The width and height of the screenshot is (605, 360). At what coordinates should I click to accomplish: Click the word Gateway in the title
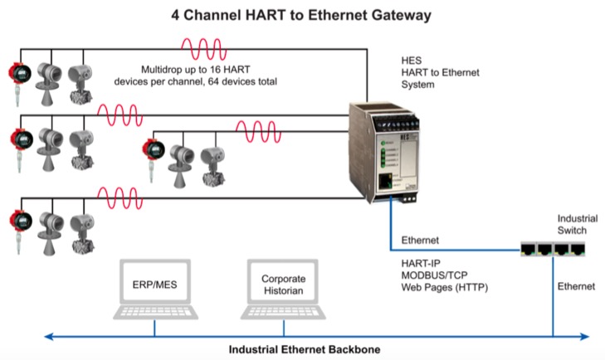tap(402, 16)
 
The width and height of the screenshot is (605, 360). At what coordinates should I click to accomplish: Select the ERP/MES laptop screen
tap(155, 282)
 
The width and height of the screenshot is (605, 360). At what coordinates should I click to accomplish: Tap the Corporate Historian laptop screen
tap(283, 282)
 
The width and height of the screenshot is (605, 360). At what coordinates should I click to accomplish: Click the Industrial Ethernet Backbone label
tap(305, 349)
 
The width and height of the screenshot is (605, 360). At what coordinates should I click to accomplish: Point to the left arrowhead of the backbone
tap(49, 337)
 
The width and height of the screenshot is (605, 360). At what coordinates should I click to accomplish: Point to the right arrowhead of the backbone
tap(585, 337)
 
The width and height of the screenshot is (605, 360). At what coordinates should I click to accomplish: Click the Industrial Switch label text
tap(578, 224)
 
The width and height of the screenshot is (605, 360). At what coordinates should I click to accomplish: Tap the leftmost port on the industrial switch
tap(528, 249)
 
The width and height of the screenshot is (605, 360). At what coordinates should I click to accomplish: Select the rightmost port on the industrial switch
tap(578, 249)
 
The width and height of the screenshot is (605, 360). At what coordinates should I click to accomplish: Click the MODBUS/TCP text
tap(434, 275)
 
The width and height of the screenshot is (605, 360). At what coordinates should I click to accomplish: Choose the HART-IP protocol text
tap(421, 263)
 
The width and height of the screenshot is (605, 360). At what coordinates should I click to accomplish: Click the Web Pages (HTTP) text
tap(445, 288)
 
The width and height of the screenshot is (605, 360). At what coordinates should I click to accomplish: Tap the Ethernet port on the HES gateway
tap(385, 181)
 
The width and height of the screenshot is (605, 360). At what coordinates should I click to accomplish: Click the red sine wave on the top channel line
tap(203, 49)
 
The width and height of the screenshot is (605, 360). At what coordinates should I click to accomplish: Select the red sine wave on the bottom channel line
tap(120, 198)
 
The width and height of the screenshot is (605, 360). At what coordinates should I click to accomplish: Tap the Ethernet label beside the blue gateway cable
tap(420, 241)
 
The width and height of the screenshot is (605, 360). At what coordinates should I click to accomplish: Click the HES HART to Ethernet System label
tap(440, 72)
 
